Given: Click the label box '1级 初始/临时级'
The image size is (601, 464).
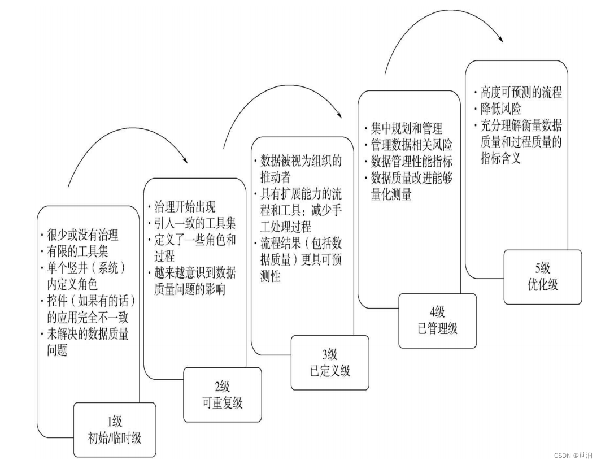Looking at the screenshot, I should (115, 429).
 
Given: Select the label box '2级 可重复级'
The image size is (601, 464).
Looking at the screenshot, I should (223, 394).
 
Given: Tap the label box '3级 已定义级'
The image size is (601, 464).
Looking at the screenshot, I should (330, 362).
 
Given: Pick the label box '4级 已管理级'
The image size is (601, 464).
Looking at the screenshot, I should (437, 320).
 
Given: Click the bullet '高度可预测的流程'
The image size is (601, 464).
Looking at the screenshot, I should (520, 93).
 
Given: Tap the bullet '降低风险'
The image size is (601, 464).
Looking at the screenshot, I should (500, 109).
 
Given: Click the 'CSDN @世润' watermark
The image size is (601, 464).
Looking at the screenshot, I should (573, 455).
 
